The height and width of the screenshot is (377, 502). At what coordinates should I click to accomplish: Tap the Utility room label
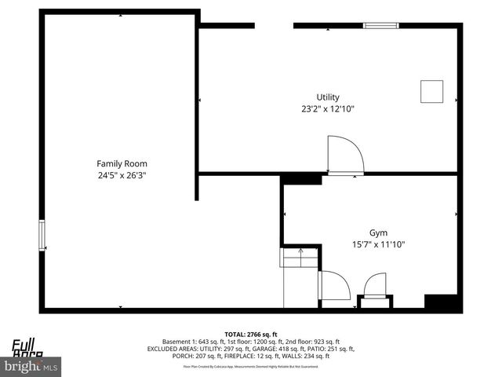pos(328,97)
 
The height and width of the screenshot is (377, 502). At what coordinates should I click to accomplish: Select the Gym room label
pos(379,232)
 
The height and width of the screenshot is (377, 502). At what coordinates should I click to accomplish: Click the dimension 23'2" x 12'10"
pos(328,109)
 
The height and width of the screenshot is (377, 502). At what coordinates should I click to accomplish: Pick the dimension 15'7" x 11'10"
pos(379,244)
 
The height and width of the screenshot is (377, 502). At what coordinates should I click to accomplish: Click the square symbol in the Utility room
pos(431,91)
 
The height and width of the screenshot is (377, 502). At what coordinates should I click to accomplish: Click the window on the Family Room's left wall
pos(42,236)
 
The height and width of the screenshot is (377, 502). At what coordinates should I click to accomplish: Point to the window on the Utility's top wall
pos(381,26)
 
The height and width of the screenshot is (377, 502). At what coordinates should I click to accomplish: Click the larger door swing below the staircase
pos(335,285)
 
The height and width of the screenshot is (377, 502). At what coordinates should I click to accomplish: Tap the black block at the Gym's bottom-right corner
pos(440,302)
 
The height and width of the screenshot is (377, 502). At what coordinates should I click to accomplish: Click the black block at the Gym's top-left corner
pos(301,180)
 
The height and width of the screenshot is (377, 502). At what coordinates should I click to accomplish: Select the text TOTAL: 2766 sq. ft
pos(251,334)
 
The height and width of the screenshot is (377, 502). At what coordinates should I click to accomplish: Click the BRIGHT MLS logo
pos(31,366)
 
